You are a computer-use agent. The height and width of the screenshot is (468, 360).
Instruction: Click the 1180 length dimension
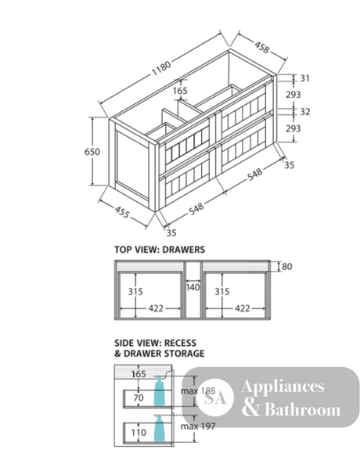pos(161,68)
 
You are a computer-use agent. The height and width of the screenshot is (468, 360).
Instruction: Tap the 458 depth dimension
pos(262,47)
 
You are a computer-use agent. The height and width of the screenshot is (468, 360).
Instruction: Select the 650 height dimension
pos(92,152)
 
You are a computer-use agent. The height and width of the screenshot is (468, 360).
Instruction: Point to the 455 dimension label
pos(122,212)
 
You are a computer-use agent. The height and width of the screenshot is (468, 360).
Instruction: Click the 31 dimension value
pos(304,78)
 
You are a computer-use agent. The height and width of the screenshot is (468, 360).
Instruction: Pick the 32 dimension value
pos(305,112)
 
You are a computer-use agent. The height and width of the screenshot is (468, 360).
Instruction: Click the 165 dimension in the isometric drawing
pos(180,91)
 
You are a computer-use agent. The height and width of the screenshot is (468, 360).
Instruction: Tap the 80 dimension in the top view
pos(287,266)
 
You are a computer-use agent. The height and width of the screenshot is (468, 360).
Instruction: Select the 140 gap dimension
pos(193,287)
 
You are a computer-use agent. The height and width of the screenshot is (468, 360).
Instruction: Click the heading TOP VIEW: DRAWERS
pos(160,250)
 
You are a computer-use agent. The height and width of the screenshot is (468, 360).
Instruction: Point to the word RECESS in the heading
pos(180,343)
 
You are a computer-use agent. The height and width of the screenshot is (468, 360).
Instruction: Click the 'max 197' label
pos(198,426)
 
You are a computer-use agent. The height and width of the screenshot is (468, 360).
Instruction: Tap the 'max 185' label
pos(198,391)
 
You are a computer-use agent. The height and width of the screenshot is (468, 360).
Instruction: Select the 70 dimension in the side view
pos(139,398)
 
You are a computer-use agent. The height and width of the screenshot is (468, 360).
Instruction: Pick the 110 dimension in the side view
pos(139,432)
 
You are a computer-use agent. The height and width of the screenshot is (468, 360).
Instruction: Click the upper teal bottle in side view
pos(159,391)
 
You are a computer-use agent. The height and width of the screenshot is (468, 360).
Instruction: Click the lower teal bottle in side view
pos(159,428)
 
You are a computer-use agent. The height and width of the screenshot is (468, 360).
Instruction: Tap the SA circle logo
pos(215,398)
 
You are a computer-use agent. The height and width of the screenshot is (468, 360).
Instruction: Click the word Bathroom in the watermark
pos(302,409)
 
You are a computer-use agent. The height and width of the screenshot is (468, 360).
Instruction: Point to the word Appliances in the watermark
pos(283,387)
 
